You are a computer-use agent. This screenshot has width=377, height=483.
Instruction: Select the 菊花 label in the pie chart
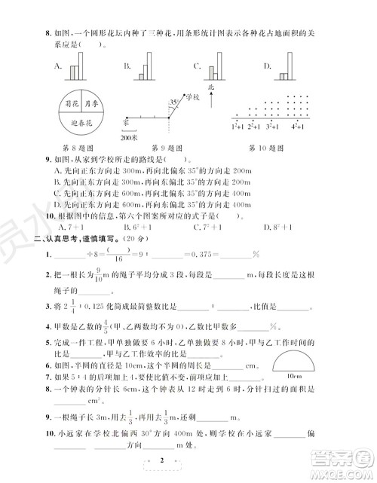pos(72,103)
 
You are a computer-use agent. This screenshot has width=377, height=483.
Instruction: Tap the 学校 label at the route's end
pos(194,98)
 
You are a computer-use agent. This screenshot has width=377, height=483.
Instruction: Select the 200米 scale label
pos(128,138)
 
